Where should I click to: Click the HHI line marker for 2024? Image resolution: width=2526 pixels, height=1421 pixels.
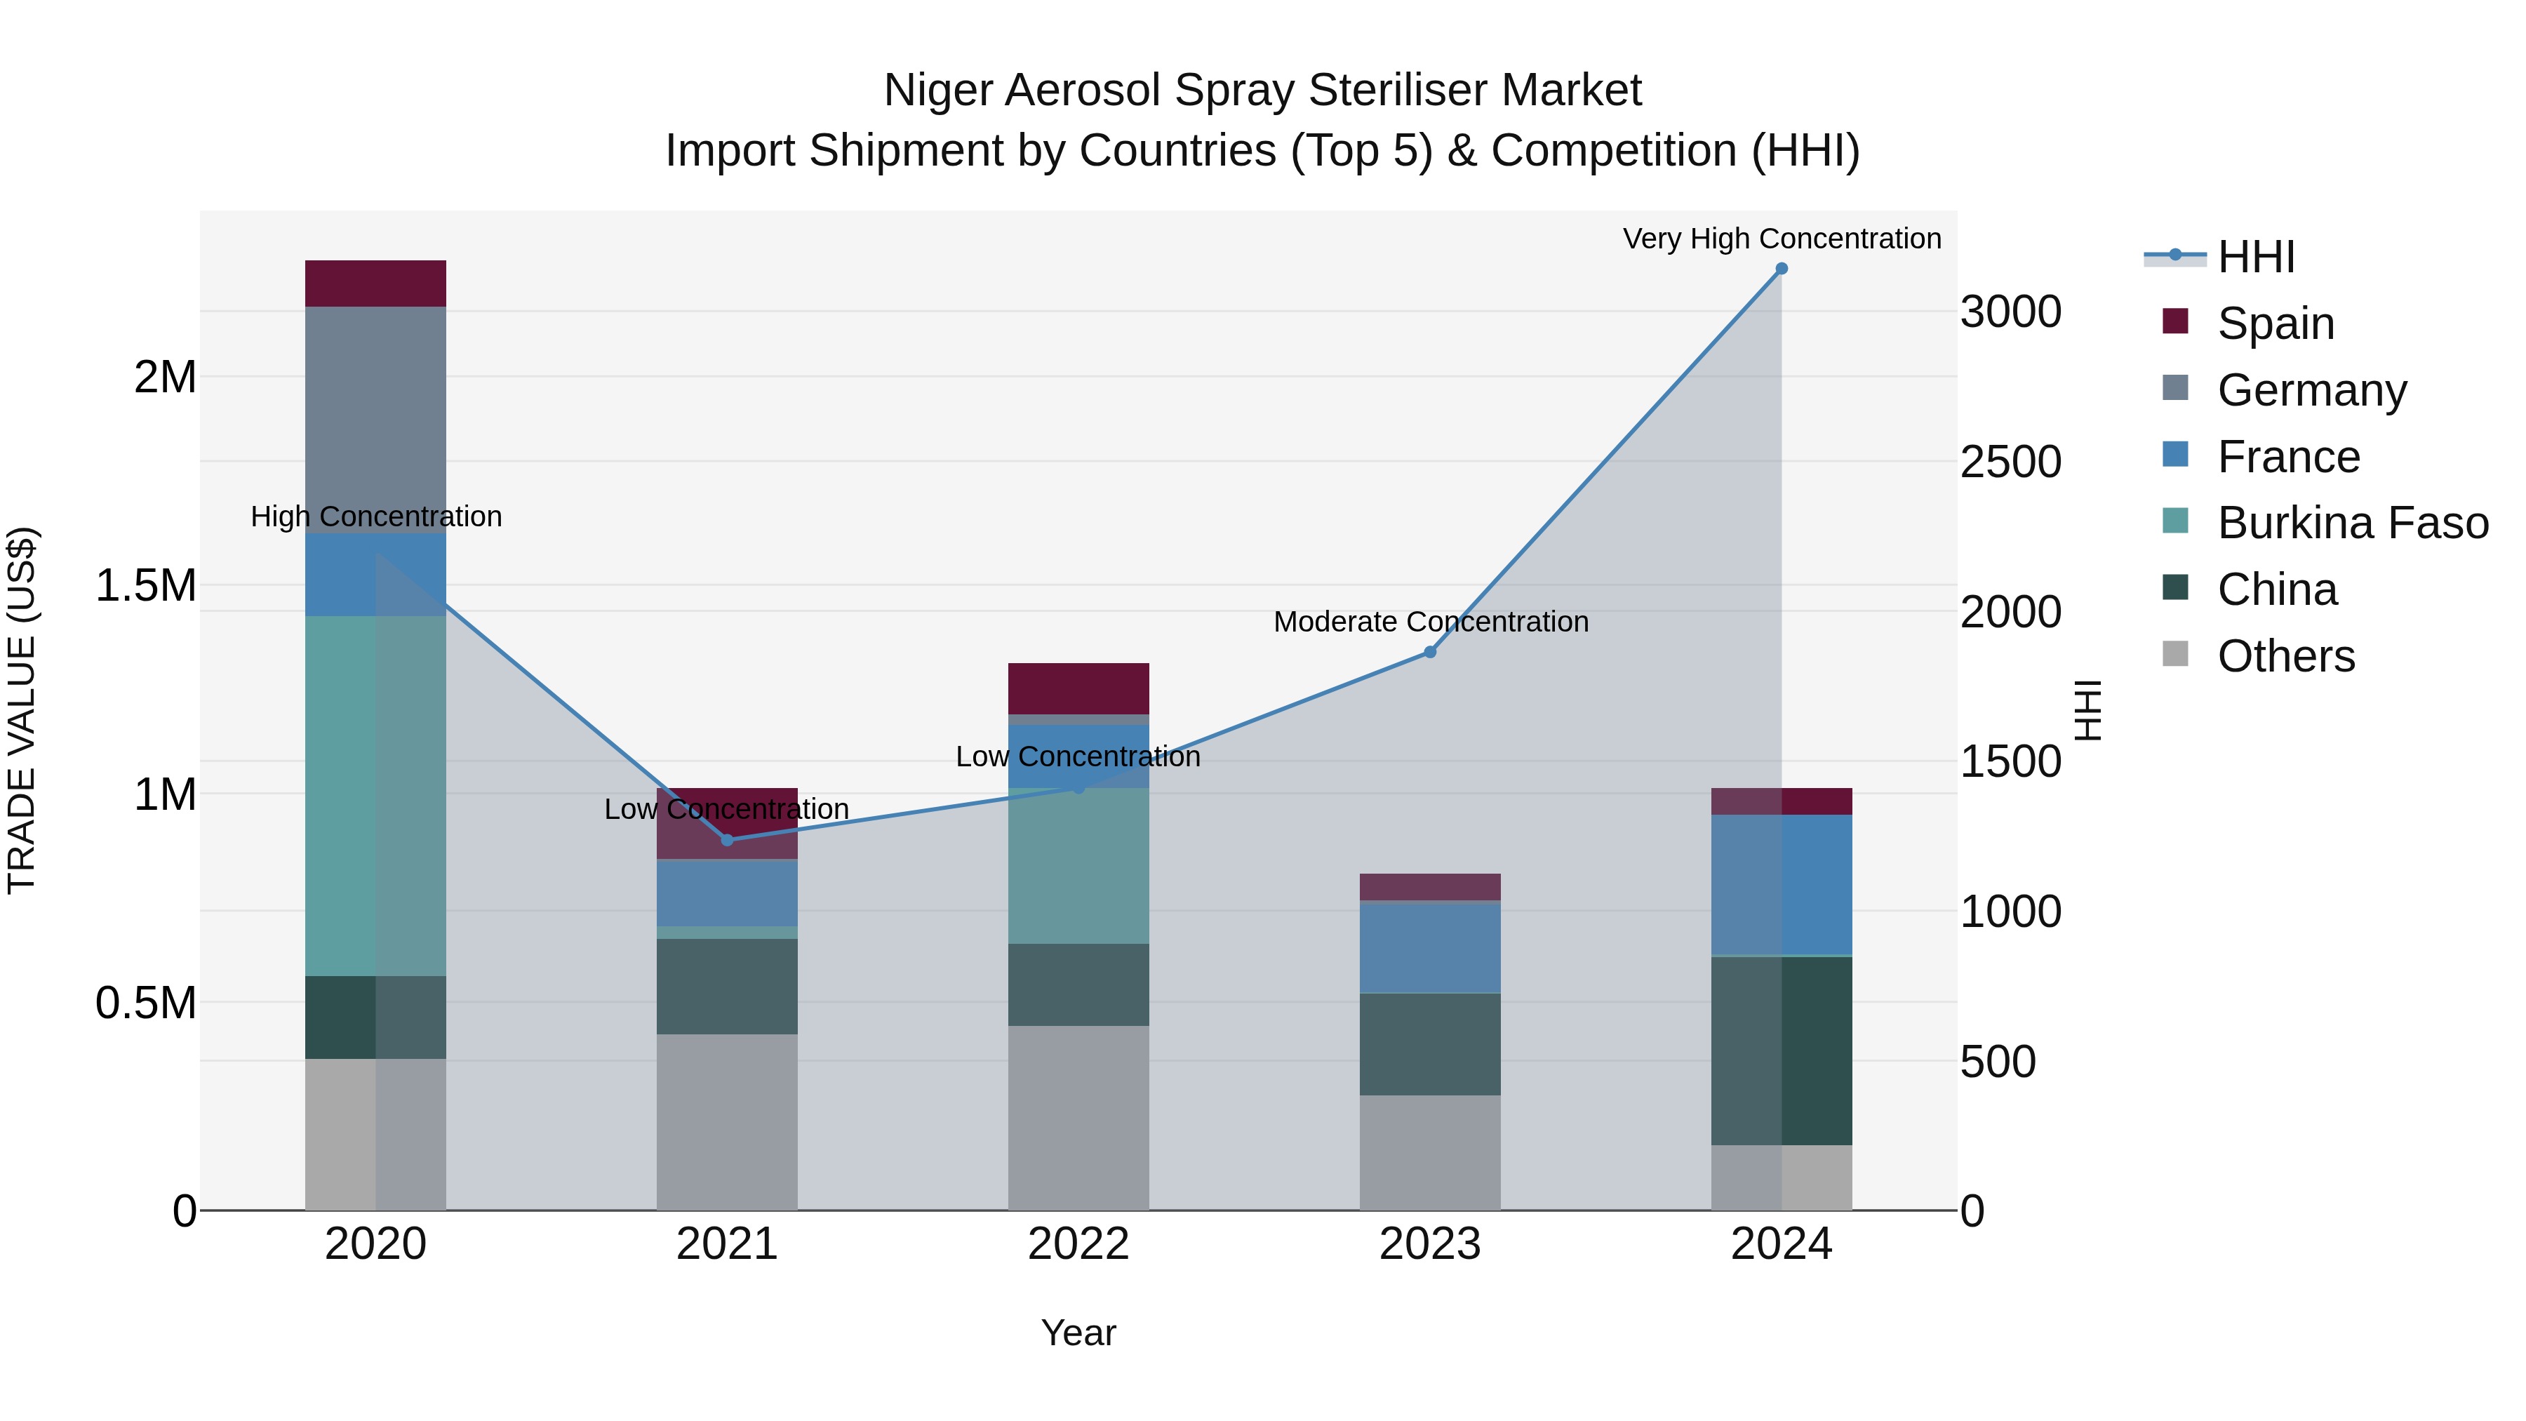(1781, 269)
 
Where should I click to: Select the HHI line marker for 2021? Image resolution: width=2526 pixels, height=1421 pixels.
(727, 839)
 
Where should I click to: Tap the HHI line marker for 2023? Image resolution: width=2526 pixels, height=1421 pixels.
(1430, 652)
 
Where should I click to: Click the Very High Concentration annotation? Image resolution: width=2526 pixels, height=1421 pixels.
(1781, 239)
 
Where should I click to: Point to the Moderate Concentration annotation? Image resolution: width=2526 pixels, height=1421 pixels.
(1430, 622)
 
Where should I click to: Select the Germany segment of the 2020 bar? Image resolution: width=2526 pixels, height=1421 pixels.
(375, 420)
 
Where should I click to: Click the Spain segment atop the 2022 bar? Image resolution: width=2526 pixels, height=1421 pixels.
(1078, 688)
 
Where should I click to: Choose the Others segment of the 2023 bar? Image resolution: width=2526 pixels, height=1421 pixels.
(1430, 1152)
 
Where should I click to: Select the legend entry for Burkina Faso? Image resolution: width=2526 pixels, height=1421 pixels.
(2351, 523)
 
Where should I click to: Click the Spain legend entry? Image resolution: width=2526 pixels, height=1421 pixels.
(2275, 323)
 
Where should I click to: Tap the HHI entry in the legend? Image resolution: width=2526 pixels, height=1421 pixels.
(2255, 257)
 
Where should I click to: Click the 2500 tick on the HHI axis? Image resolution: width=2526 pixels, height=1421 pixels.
(2010, 462)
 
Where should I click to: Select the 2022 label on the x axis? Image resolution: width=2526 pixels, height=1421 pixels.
(1078, 1244)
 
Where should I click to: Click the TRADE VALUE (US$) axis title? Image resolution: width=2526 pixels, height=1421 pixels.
(22, 710)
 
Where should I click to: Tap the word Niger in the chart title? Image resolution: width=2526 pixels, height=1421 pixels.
(937, 91)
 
